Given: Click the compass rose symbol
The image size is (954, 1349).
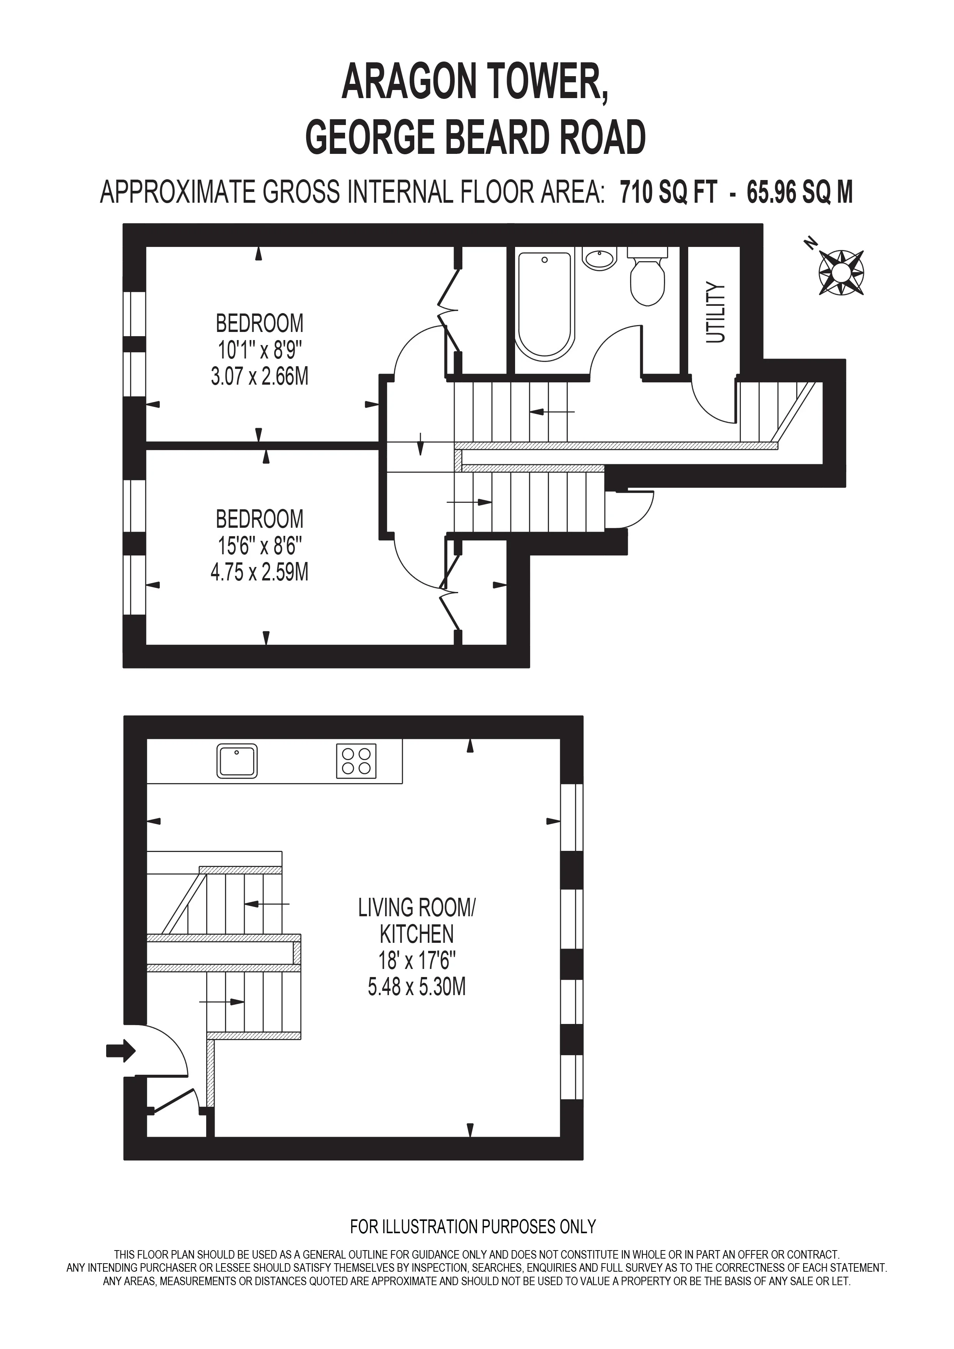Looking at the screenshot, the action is tap(841, 272).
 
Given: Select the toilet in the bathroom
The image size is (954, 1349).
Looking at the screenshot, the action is tap(647, 276).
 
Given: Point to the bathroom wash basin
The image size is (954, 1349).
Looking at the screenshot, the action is tap(600, 258).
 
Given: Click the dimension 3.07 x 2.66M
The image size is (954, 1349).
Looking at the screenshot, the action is tap(260, 376).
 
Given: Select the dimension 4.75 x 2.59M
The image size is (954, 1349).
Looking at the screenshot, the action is tap(260, 572).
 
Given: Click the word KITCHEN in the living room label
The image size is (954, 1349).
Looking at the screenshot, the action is tap(417, 934).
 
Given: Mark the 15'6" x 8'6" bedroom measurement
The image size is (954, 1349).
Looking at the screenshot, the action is tap(260, 546).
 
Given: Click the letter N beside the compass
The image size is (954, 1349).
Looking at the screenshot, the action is tap(811, 243).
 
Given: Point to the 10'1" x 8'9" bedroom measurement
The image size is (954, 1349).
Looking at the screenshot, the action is tap(260, 350).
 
